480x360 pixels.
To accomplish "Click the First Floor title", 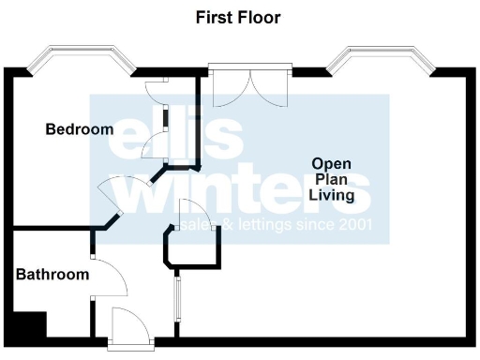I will coord(238,17).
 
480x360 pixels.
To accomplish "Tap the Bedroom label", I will coord(80,129).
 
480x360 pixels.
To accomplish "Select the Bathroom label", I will coord(52,275).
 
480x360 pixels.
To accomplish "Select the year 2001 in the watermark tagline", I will coord(353,226).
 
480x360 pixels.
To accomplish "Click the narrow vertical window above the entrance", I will coord(177,298).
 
